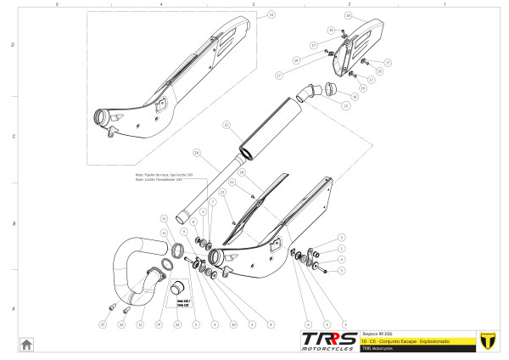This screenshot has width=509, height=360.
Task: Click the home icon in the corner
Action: [x=26, y=343]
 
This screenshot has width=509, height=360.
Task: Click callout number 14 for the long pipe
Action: [x=196, y=153]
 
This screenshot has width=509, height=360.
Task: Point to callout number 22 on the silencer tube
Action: [x=226, y=125]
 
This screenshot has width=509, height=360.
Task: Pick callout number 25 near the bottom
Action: [x=103, y=324]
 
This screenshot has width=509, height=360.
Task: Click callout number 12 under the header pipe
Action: [x=140, y=324]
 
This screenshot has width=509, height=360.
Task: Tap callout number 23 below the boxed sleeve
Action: [x=177, y=324]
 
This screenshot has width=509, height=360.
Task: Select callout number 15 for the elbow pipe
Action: [x=345, y=105]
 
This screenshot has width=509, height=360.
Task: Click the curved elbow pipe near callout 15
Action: [x=311, y=90]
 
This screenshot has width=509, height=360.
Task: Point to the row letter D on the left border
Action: [x=11, y=44]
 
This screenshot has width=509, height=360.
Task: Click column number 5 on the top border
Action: [x=56, y=4]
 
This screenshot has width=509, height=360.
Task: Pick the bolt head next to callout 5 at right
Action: [x=323, y=269]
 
